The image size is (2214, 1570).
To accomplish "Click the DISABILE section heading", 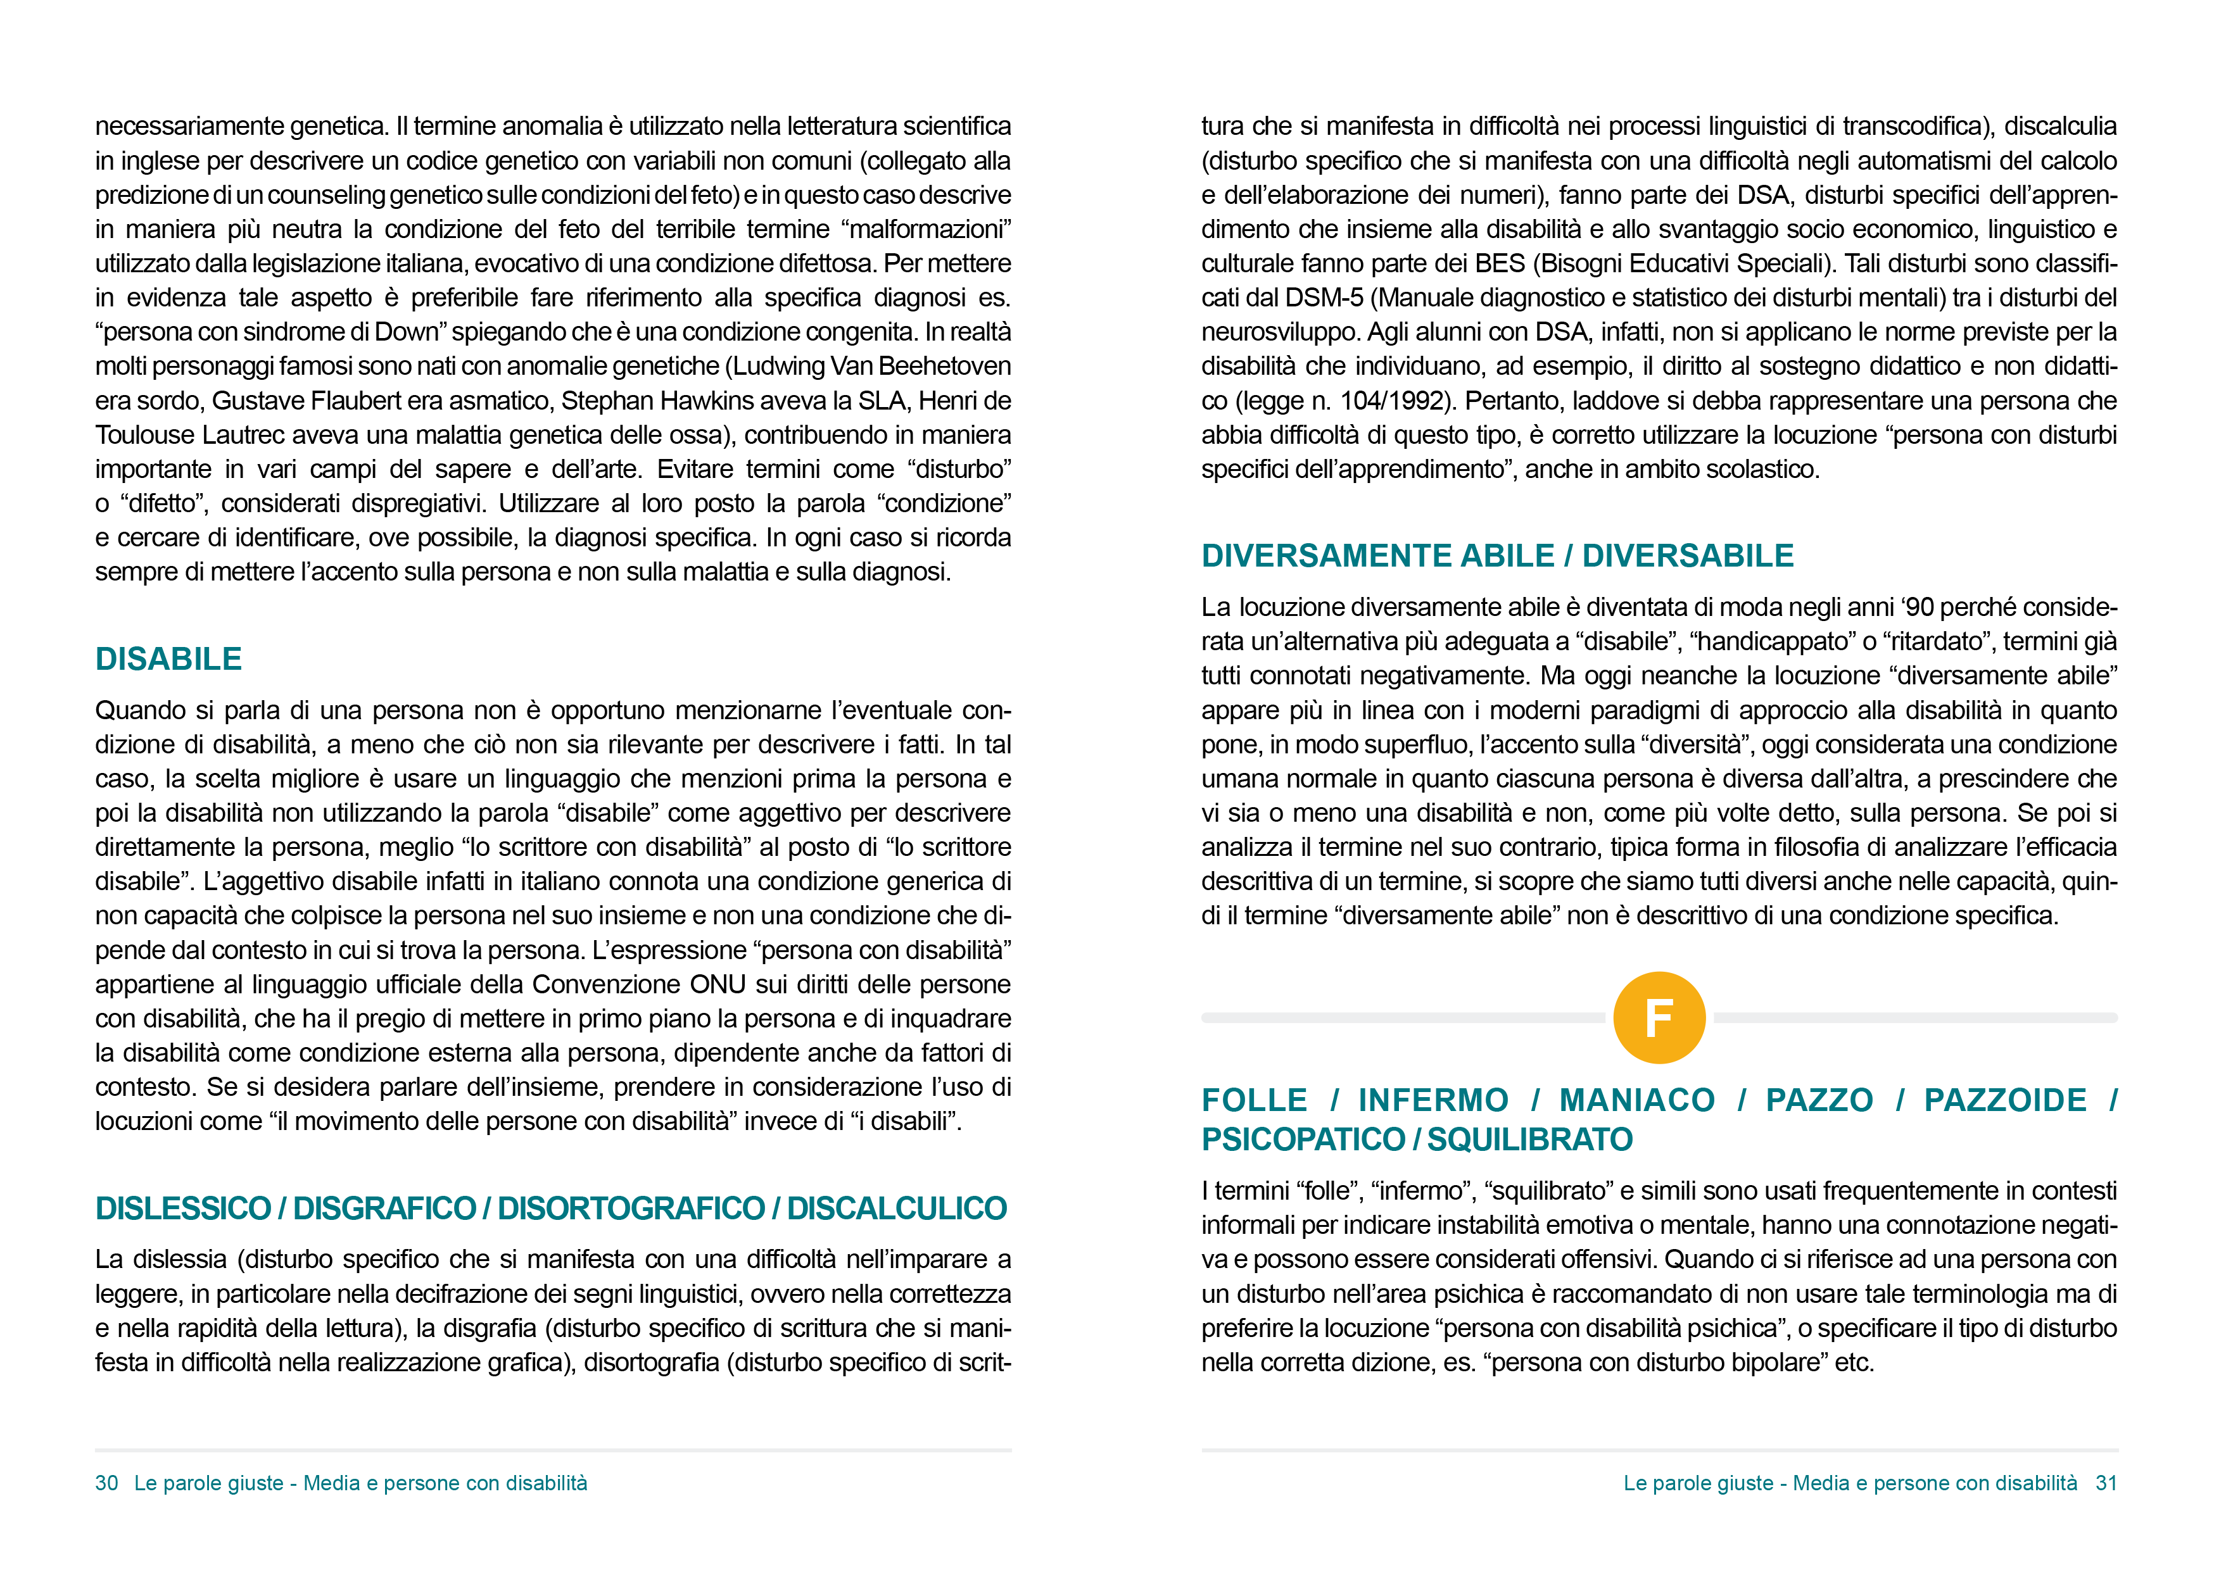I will point(168,659).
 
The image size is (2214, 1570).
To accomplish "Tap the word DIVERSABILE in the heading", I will point(1688,556).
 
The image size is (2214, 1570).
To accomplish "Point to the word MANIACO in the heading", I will point(1637,1100).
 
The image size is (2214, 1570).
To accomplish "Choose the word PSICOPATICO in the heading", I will point(1302,1140).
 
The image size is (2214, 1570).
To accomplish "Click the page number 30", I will point(106,1483).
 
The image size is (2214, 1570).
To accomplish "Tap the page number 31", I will point(2106,1483).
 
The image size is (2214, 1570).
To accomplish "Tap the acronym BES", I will point(1500,264).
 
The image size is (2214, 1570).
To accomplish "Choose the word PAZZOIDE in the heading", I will point(2004,1100).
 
